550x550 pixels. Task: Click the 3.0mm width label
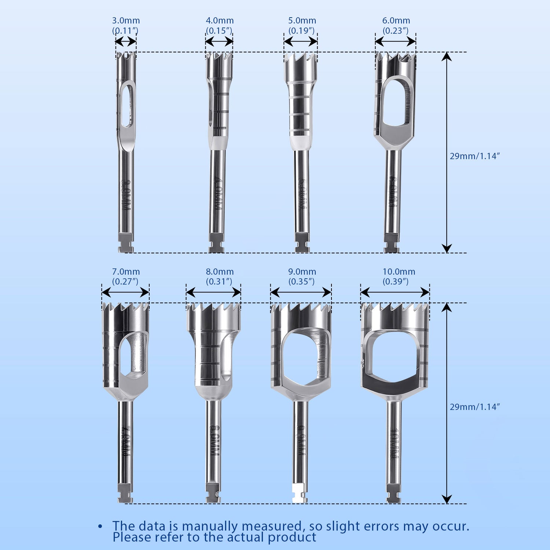tap(126, 21)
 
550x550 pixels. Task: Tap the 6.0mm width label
tap(396, 21)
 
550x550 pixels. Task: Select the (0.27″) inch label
tap(125, 282)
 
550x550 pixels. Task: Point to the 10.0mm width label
tap(399, 272)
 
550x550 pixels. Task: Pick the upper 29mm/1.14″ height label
tap(475, 156)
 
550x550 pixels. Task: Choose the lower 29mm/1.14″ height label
tap(475, 407)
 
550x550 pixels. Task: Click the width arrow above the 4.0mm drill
tap(219, 42)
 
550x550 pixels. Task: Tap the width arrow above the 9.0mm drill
tap(301, 292)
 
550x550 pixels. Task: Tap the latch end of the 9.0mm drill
tap(300, 493)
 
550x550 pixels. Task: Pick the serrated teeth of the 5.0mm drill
tap(300, 59)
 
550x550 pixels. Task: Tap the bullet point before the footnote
tap(100, 527)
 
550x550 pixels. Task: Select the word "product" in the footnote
tap(291, 538)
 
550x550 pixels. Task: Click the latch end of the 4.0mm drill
tap(216, 243)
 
